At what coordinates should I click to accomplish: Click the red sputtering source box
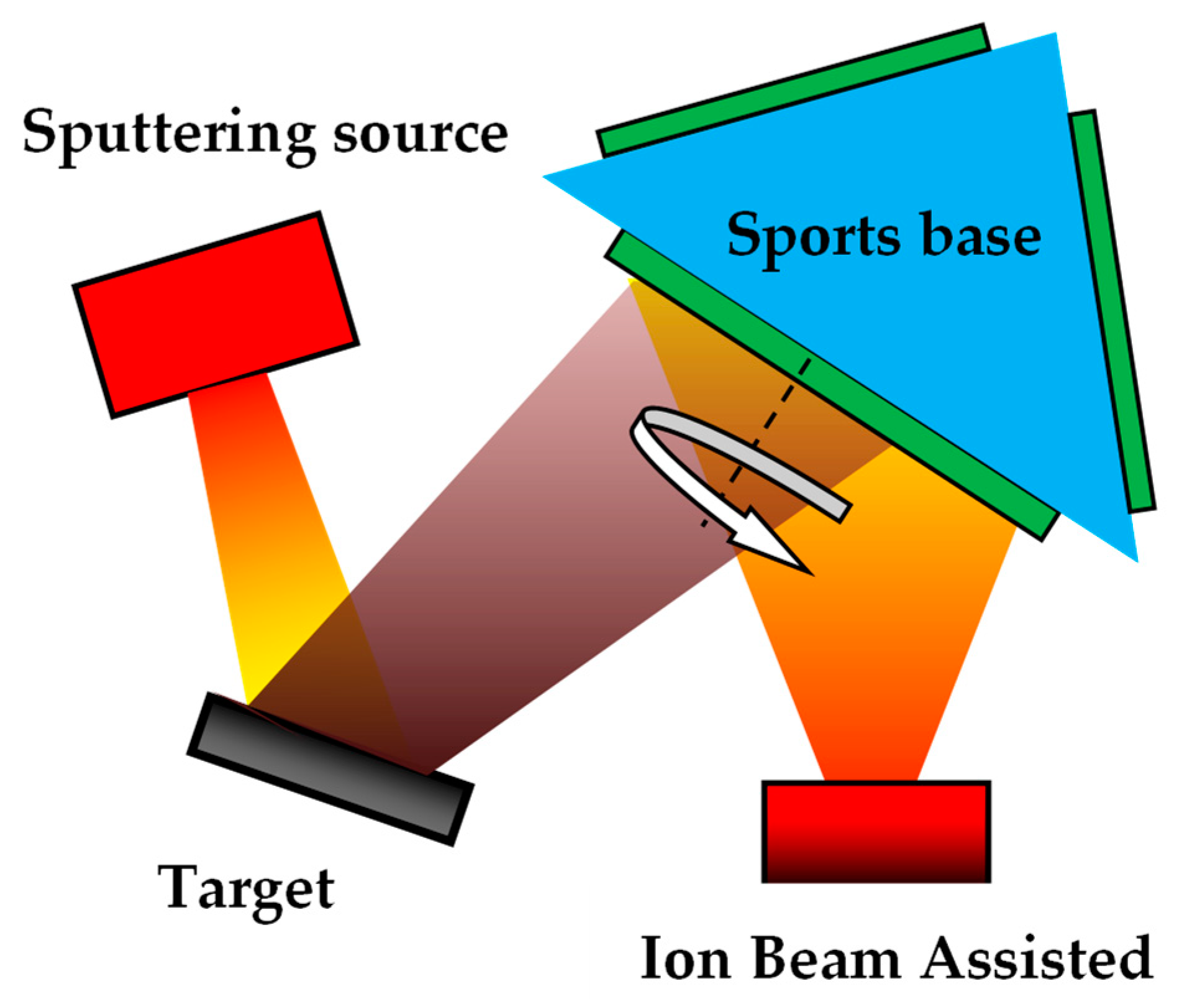(216, 315)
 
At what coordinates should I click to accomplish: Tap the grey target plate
(330, 768)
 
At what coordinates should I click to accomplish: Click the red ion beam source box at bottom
(876, 832)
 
